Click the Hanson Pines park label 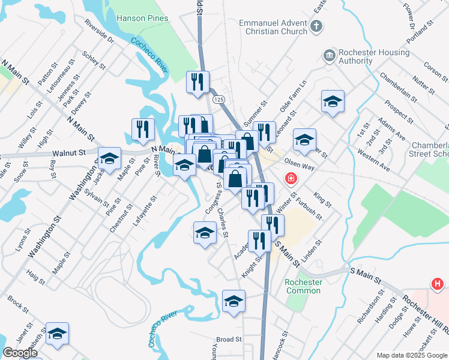142,18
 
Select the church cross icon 317,26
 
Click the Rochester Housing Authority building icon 329,55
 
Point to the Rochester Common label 303,287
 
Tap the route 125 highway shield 218,98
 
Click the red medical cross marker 291,178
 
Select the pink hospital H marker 437,284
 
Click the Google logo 20,353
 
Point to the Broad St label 229,340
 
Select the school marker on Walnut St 110,159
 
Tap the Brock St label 18,305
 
